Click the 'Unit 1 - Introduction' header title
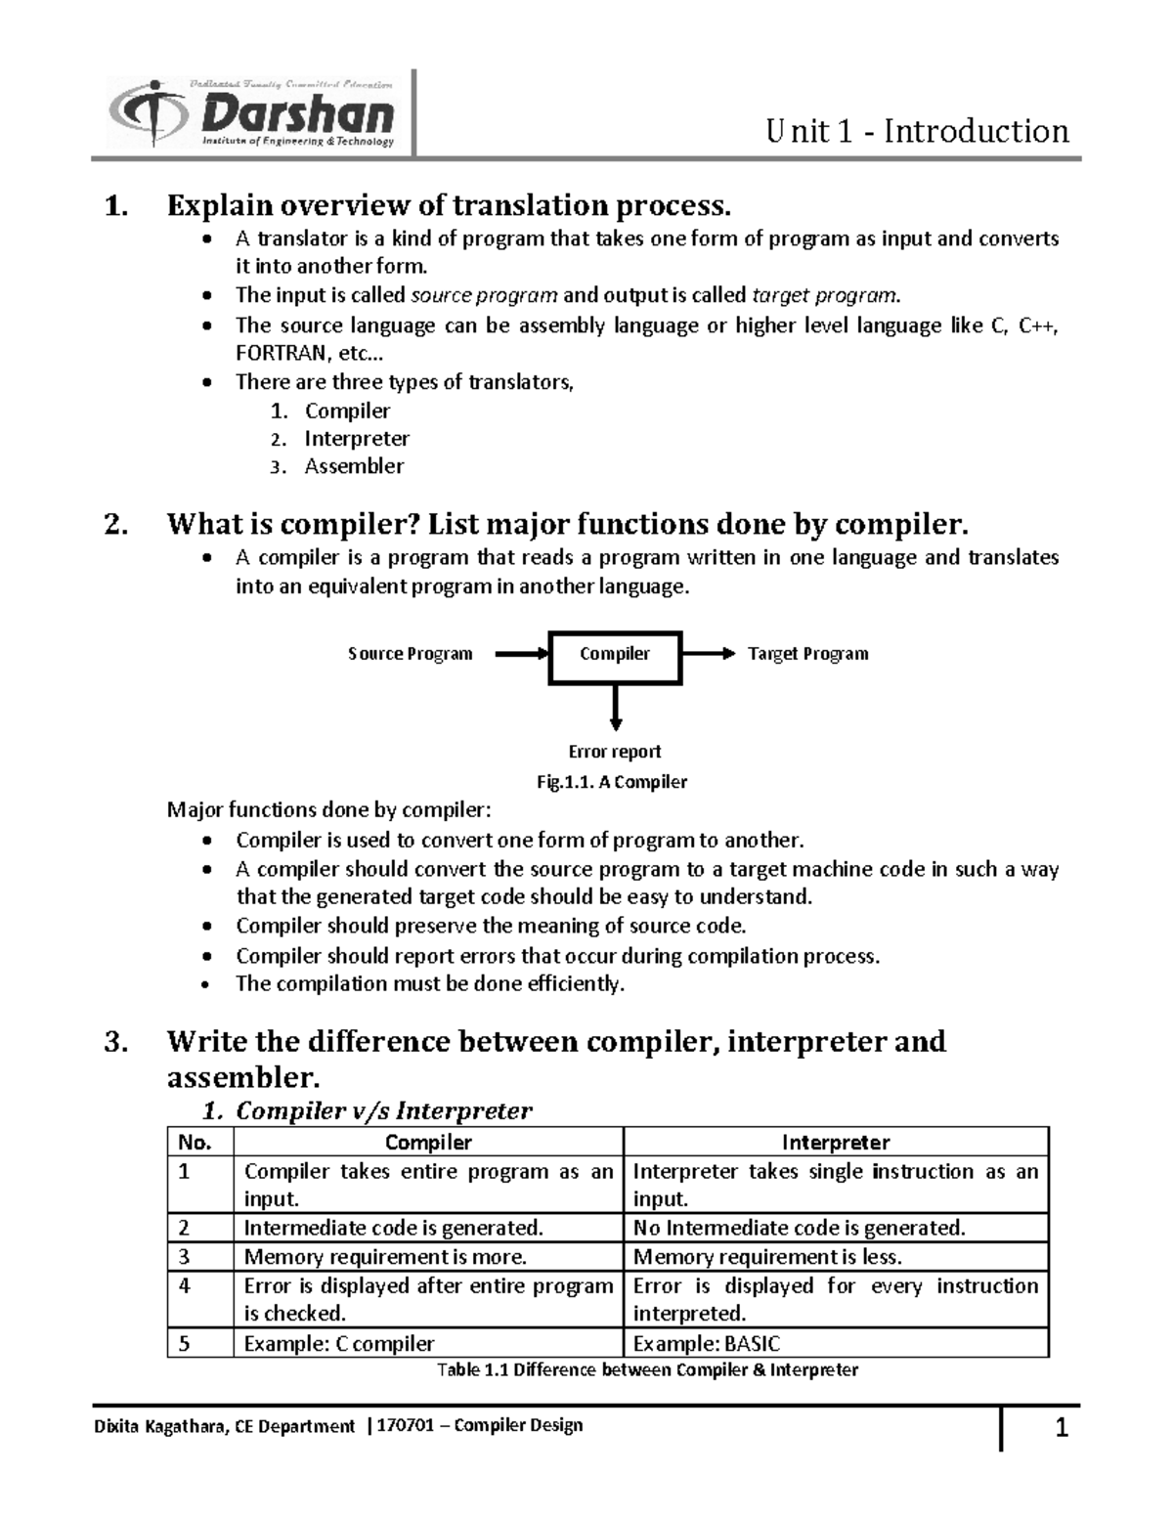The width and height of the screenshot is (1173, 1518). [917, 131]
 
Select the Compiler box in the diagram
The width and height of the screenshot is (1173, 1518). [615, 655]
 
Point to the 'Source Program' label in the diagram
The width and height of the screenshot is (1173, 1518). [410, 654]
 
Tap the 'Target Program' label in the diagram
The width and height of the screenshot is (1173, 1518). [807, 654]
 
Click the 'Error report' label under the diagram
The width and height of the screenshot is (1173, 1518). [615, 752]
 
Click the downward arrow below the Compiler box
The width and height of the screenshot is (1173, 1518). [616, 709]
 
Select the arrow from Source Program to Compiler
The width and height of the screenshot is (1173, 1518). [522, 655]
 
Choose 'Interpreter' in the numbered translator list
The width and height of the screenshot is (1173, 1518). [357, 439]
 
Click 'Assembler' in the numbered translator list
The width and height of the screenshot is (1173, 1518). [354, 466]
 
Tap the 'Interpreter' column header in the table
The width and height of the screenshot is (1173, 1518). [836, 1142]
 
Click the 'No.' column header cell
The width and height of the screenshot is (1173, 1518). [195, 1142]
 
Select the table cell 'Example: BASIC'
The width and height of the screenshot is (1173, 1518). [707, 1344]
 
